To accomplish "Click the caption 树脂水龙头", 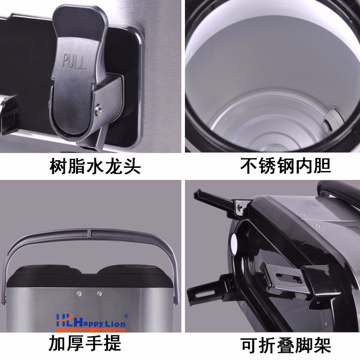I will click(95, 166).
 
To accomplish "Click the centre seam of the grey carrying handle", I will click(90, 234).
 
